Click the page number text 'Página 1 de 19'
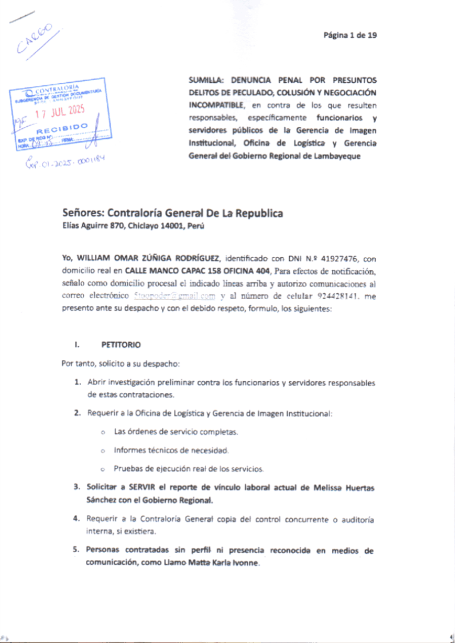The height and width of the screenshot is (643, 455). click(x=350, y=35)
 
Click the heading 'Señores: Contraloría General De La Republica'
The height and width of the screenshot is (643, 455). click(x=173, y=213)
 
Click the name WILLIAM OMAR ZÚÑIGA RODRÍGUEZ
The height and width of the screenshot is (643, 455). click(x=147, y=258)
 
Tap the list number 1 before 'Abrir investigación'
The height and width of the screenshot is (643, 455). click(x=76, y=382)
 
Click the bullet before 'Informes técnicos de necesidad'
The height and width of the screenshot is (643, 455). click(x=102, y=451)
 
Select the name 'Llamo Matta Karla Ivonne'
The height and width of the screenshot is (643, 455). click(x=209, y=563)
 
